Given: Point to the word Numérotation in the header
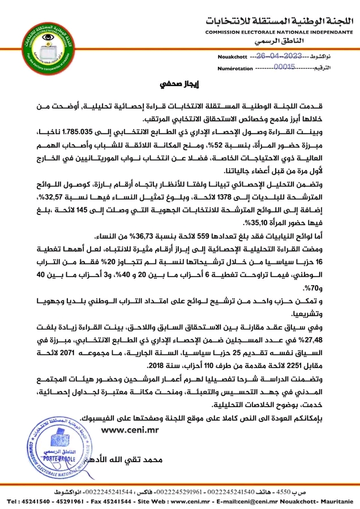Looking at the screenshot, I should click(234, 68).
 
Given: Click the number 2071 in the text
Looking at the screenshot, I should click(77, 355).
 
